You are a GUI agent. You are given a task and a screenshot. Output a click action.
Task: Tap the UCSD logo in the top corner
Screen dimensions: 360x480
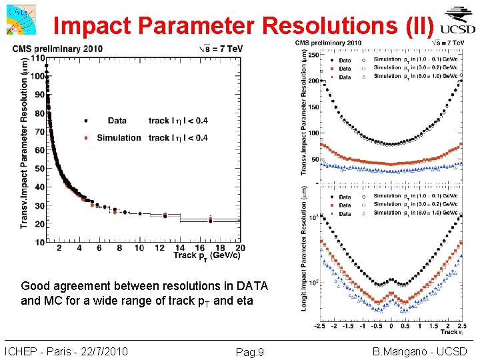point(458,21)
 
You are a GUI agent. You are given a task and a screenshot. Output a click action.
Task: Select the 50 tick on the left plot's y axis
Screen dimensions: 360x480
point(40,169)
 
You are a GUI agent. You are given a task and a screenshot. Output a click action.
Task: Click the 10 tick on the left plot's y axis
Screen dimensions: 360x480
point(40,243)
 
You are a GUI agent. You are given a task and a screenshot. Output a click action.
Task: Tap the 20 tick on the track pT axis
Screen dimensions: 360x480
point(239,248)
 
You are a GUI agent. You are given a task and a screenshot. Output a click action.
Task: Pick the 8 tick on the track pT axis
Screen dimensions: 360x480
point(119,248)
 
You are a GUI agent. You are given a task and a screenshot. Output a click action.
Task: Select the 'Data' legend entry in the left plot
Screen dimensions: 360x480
point(117,121)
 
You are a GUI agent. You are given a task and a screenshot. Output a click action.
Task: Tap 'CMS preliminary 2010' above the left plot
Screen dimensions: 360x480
point(56,49)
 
